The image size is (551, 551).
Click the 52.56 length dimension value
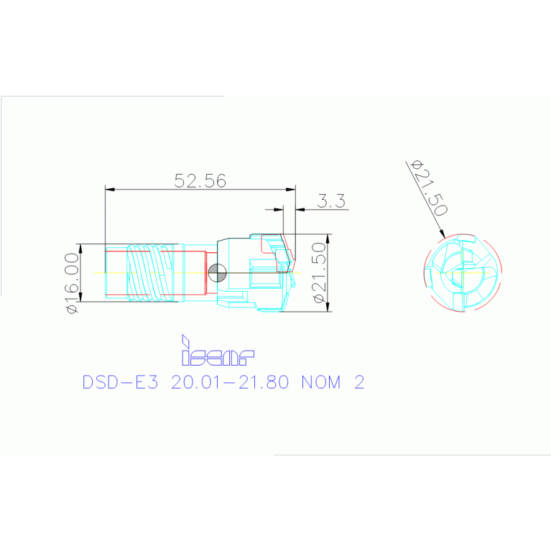point(200,180)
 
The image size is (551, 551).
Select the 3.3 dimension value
point(332,200)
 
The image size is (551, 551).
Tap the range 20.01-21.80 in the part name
point(230,382)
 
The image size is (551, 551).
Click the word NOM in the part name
point(321,382)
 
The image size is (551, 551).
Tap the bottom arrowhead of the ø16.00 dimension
point(81,299)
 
